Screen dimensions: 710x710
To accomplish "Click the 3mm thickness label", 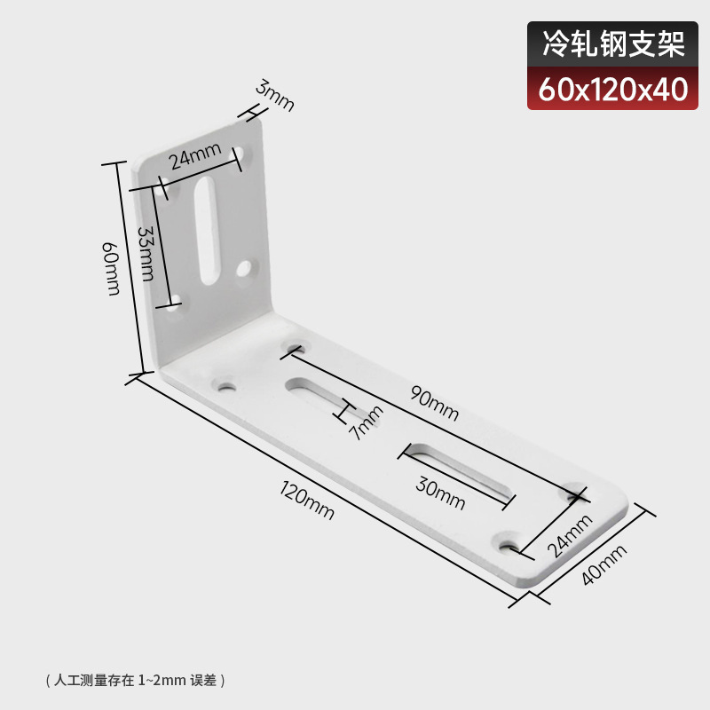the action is tap(275, 96).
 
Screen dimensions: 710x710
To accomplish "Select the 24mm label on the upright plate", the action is tap(194, 157).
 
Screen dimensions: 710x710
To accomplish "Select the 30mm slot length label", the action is tap(440, 493).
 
